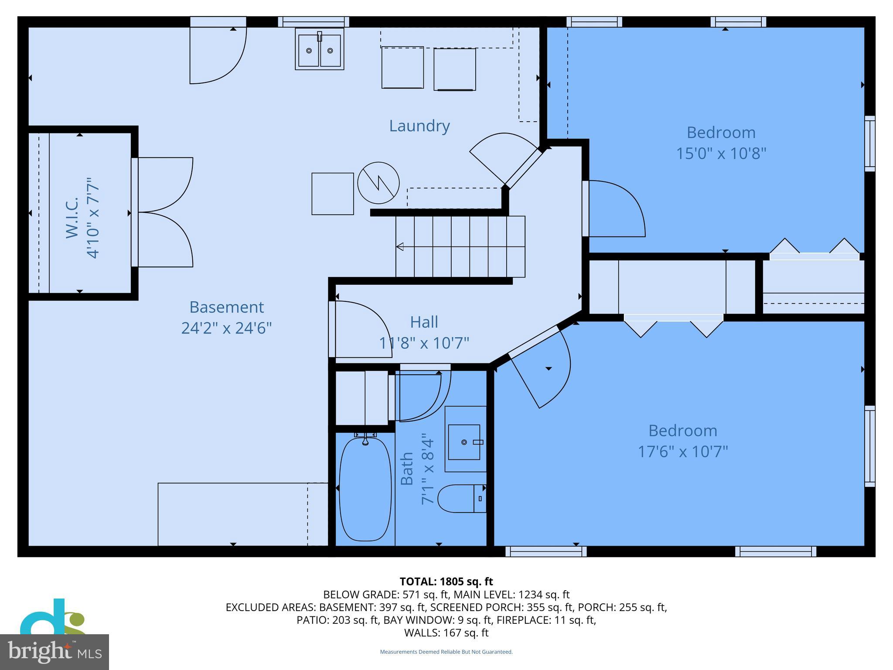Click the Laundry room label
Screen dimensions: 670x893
pyautogui.click(x=419, y=126)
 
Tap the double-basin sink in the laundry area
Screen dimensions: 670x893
pyautogui.click(x=320, y=49)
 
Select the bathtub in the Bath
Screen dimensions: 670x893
pyautogui.click(x=365, y=489)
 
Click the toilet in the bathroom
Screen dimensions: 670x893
pyautogui.click(x=461, y=499)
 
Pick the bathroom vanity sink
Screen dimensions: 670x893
pyautogui.click(x=464, y=442)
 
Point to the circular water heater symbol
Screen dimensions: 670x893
pyautogui.click(x=378, y=183)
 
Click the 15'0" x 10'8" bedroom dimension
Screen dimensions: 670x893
pyautogui.click(x=721, y=154)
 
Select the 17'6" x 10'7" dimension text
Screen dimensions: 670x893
pyautogui.click(x=683, y=451)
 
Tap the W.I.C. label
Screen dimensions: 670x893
pyautogui.click(x=72, y=218)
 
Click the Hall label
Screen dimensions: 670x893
pyautogui.click(x=424, y=322)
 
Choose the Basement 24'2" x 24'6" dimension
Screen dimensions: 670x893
pyautogui.click(x=226, y=328)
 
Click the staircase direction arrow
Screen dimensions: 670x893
pyautogui.click(x=400, y=247)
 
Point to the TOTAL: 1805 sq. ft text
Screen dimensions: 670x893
pyautogui.click(x=446, y=581)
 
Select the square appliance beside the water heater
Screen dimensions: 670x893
pyautogui.click(x=332, y=194)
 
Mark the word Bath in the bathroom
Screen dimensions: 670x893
pyautogui.click(x=407, y=469)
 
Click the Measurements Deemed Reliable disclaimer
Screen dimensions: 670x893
pyautogui.click(x=446, y=652)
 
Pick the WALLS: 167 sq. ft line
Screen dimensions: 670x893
pyautogui.click(x=446, y=633)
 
